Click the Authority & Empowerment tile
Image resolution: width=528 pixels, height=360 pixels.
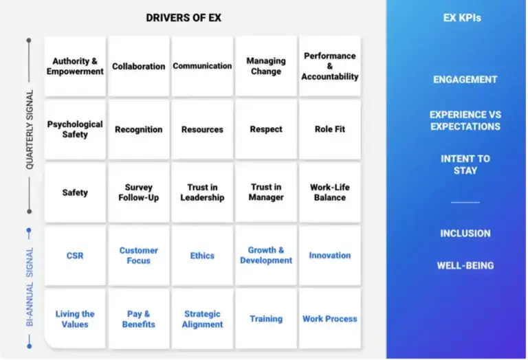tap(75, 66)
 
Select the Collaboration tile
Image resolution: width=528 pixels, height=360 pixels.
tap(139, 66)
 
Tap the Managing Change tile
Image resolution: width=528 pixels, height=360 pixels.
tap(266, 66)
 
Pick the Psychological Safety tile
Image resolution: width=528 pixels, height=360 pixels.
tap(75, 129)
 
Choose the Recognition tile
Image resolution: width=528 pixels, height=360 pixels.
tap(139, 129)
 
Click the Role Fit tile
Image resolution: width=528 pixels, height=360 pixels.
tap(330, 129)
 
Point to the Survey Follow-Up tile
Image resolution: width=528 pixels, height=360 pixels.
tap(139, 192)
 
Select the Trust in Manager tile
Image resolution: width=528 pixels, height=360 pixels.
tap(266, 192)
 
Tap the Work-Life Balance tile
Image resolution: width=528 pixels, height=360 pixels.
tap(330, 192)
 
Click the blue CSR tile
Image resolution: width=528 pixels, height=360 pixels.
tap(75, 256)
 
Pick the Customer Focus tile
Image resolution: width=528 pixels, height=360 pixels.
tap(139, 256)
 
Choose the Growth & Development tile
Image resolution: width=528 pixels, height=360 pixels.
tap(266, 256)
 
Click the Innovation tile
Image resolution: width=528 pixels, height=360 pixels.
tap(330, 256)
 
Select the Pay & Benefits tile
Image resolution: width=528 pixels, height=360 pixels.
tap(139, 319)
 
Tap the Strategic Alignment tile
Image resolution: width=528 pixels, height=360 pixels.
tap(202, 319)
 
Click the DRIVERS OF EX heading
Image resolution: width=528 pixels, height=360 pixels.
tap(184, 18)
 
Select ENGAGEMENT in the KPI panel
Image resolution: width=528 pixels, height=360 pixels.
tap(465, 80)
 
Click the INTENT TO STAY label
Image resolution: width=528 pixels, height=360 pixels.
tap(465, 164)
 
